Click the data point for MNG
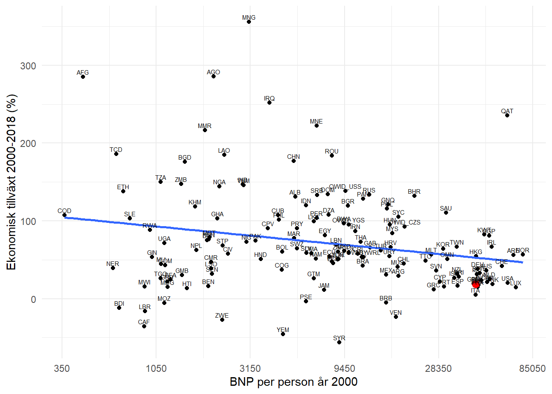pos(249,22)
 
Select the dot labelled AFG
pos(83,77)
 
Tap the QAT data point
pos(507,115)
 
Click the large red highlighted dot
pos(476,284)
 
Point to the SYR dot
pos(339,342)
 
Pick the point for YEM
pos(283,334)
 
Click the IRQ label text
pos(269,98)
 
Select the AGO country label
pos(214,72)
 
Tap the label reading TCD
pos(116,150)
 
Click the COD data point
pos(64,215)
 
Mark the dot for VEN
pos(396,317)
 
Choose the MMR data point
pos(205,130)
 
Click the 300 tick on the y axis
pos(28,66)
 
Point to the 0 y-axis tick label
pos(33,299)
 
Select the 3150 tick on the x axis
pos(250,369)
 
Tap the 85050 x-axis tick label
pos(532,369)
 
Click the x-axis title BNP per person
pos(293,382)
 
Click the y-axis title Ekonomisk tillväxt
pos(11,182)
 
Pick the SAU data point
pos(446,213)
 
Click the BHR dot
pos(414,196)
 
